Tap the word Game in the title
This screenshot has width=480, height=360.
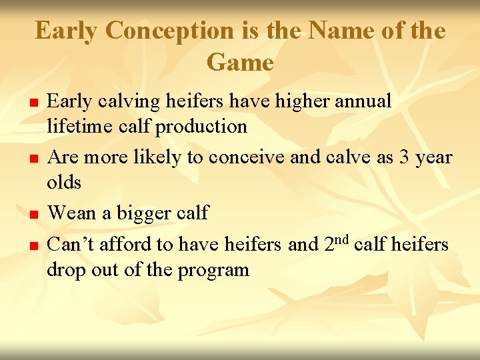[x=240, y=63]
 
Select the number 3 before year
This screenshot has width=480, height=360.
[x=404, y=157]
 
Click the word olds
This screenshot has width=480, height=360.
[x=64, y=181]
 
